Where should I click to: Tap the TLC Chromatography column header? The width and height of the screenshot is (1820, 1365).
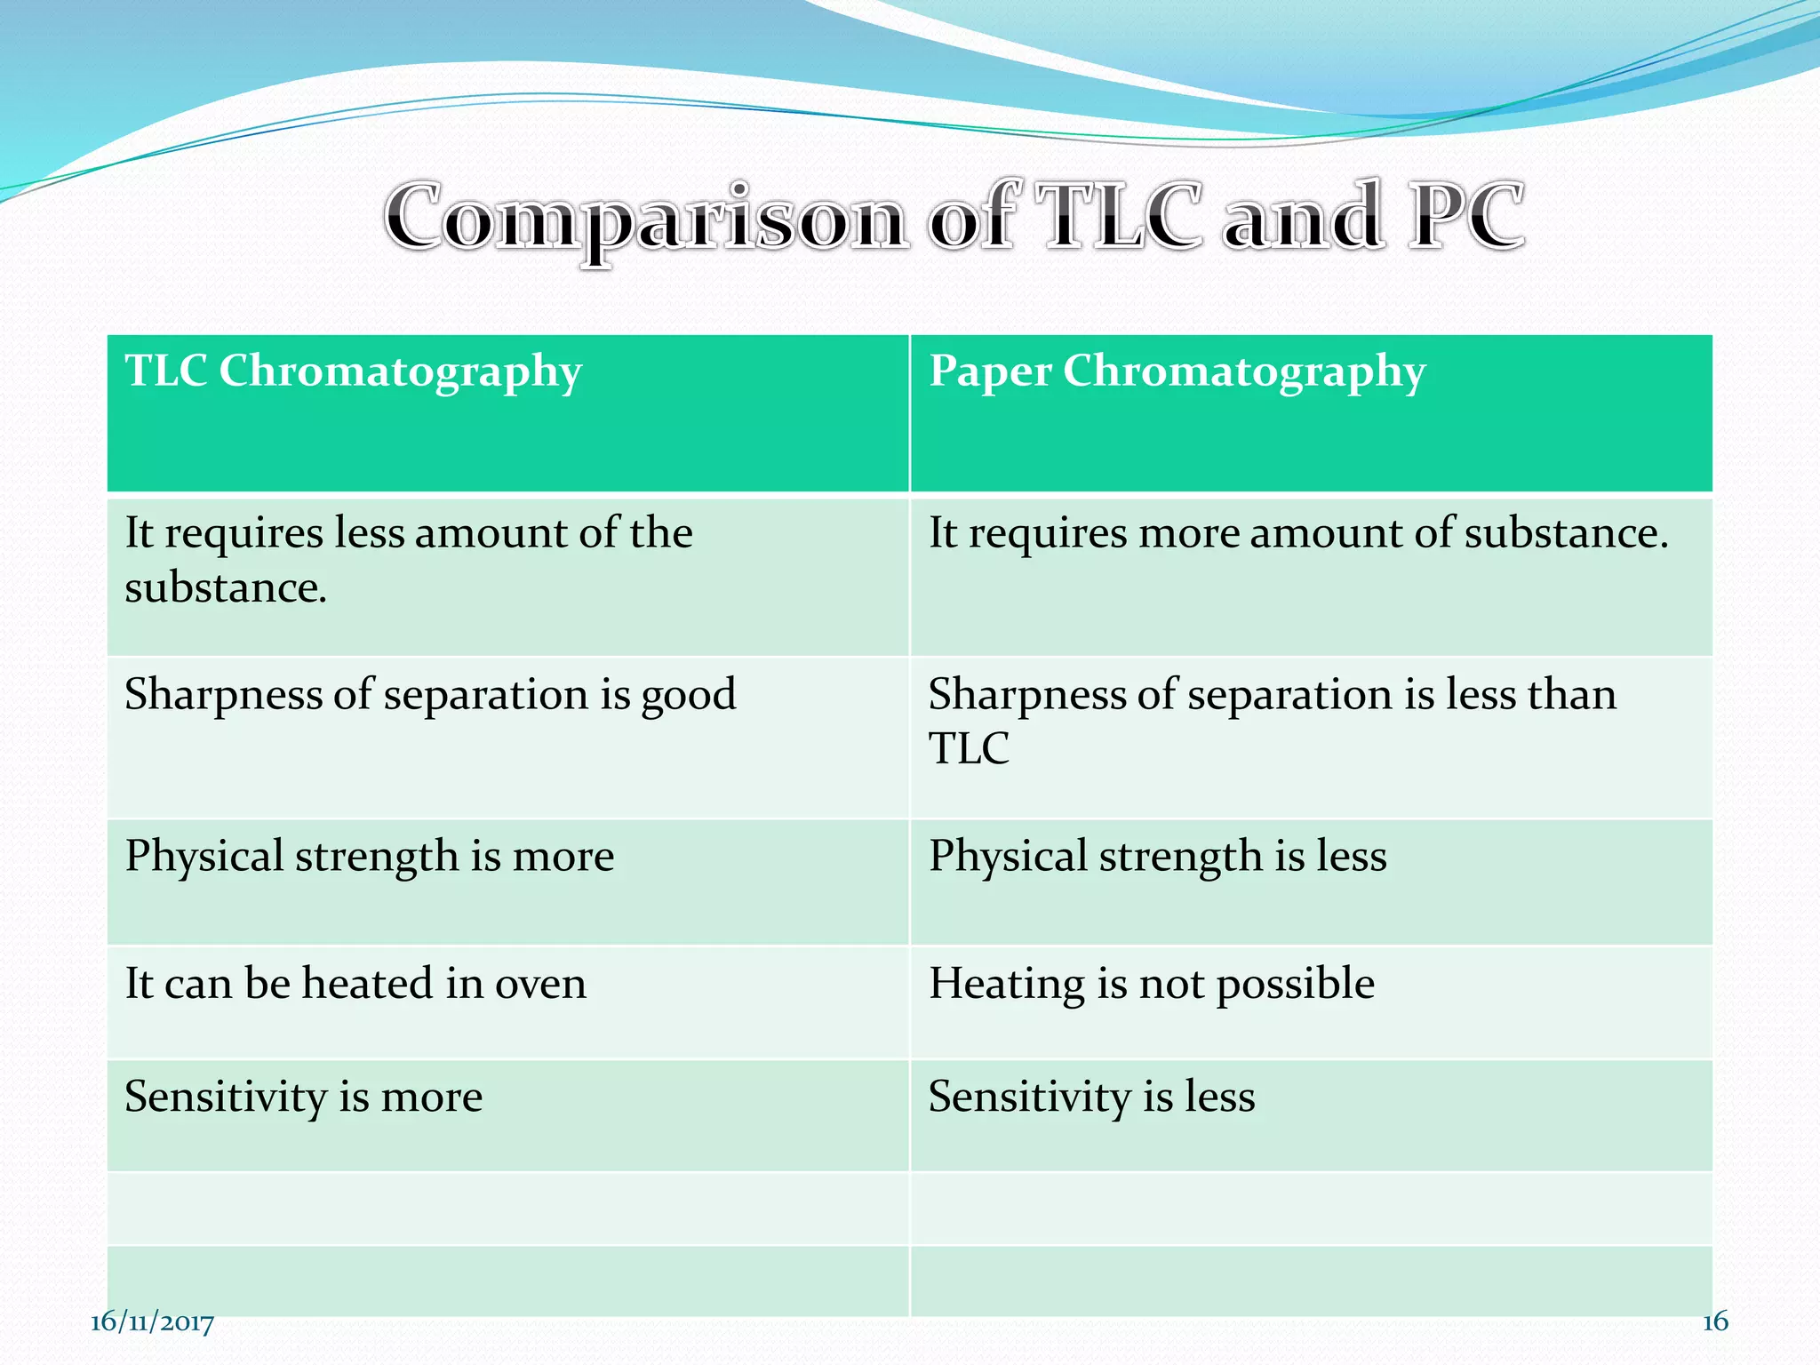pos(353,371)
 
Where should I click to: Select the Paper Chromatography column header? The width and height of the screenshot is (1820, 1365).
pos(1177,371)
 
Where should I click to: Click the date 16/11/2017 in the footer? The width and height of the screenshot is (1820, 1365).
pos(152,1322)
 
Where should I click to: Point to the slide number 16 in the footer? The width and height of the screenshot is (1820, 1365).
pos(1714,1321)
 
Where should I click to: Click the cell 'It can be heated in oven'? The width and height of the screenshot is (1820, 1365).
pos(355,984)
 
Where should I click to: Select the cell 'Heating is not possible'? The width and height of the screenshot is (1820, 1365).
pos(1151,984)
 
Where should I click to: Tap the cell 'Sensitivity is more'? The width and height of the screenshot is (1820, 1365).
pos(303,1097)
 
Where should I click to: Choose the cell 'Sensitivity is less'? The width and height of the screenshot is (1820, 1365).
pos(1091,1097)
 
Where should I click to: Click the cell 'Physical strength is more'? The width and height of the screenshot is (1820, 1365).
pos(369,856)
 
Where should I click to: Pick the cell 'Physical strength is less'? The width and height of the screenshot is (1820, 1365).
pos(1157,856)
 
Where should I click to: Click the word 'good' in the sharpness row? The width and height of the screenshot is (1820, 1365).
pos(688,696)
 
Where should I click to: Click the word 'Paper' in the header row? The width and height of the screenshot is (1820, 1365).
pos(989,371)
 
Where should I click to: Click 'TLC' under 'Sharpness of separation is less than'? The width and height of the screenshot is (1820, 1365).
pos(969,748)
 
